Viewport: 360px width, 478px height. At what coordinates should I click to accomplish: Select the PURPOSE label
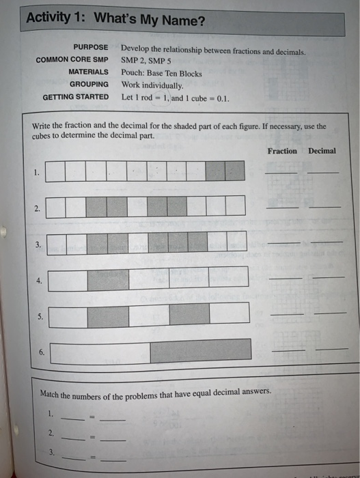pos(91,47)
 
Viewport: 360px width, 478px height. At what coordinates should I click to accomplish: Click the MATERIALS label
pos(88,72)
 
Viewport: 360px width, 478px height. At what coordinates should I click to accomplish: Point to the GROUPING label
pos(89,84)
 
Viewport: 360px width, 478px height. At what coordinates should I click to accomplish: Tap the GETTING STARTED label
pos(75,97)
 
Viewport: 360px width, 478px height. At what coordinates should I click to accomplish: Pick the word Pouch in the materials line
pos(132,72)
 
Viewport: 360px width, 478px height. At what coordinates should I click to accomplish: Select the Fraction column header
pos(282,151)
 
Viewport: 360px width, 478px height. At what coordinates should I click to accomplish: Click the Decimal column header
pos(322,151)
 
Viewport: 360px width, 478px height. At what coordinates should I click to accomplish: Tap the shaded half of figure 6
pos(201,351)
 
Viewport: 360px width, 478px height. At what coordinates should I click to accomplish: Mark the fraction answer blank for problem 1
pos(281,172)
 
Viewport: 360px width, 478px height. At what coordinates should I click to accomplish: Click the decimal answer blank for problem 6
pos(327,350)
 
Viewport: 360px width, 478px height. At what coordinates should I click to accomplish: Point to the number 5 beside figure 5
pos(40,317)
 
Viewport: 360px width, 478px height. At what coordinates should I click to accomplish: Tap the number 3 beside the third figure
pos(39,243)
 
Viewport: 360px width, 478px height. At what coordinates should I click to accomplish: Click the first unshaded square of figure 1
pos(56,171)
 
